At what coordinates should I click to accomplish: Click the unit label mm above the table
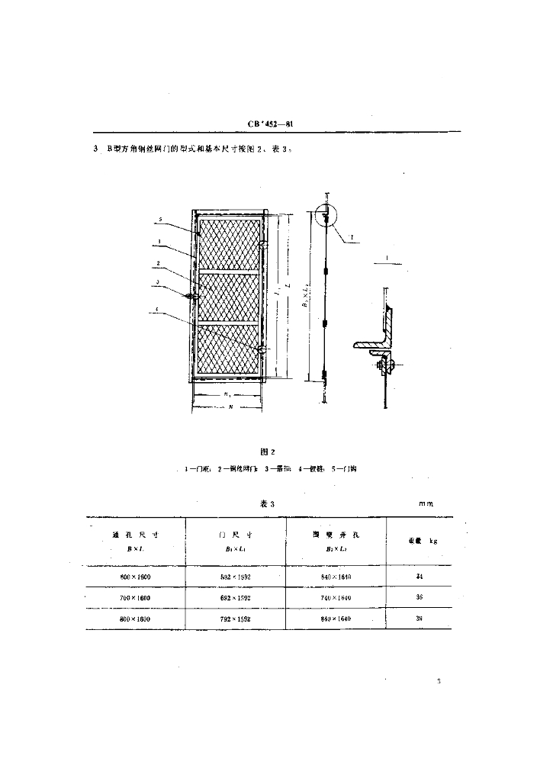click(426, 504)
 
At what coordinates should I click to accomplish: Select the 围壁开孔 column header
click(336, 535)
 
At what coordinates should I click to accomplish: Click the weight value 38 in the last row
click(420, 619)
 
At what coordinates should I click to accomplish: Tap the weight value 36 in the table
click(420, 598)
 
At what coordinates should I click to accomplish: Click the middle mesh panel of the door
click(230, 297)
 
